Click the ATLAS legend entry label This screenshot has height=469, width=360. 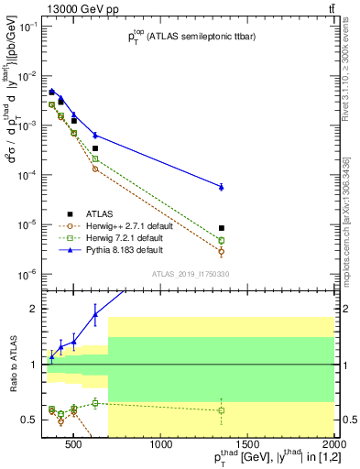pos(98,212)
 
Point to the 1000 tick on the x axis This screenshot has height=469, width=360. pos(162,446)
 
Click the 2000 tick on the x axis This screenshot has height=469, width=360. pos(333,446)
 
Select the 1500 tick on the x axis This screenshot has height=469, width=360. pos(247,446)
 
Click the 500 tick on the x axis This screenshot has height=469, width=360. pos(74,446)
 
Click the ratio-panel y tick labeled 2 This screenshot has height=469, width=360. pos(34,309)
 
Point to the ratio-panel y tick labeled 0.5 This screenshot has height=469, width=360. pos(30,420)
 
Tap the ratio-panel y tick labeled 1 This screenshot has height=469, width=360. pos(34,365)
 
